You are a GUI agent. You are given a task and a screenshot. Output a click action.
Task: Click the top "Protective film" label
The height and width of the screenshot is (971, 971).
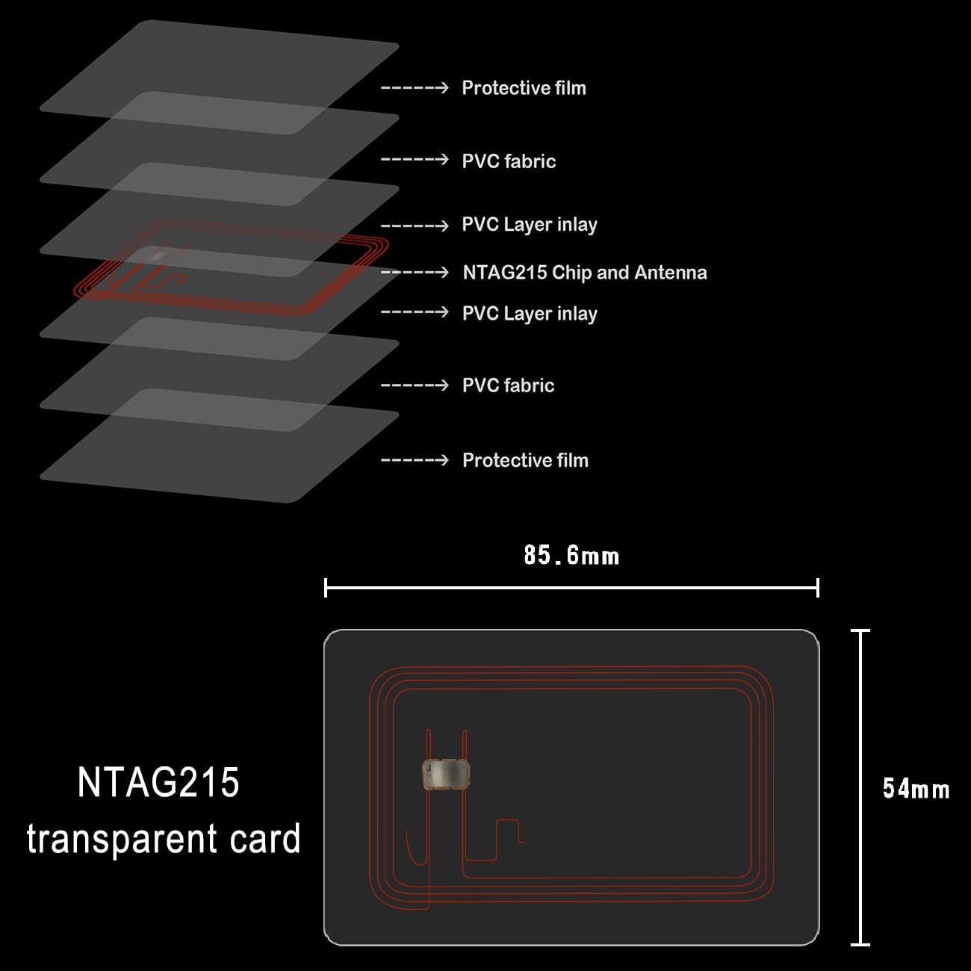coord(524,88)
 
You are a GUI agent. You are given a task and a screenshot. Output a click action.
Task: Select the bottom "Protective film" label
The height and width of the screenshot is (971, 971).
coord(525,460)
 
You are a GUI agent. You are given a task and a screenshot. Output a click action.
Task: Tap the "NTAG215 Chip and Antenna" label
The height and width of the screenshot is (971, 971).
coord(585,273)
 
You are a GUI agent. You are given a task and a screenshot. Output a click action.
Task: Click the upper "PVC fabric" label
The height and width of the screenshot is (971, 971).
coord(509,161)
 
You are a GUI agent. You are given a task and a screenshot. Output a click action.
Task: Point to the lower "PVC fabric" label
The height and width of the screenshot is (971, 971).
coord(509,385)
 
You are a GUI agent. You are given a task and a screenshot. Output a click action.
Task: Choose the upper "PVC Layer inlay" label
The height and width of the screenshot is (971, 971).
coord(530,225)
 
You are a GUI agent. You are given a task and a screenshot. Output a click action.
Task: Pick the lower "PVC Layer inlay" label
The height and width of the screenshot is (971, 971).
coord(530,314)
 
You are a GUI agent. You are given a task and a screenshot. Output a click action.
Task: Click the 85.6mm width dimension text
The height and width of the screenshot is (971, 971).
coord(571,555)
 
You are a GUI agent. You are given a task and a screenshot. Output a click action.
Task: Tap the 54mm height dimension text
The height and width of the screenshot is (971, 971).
coord(916,789)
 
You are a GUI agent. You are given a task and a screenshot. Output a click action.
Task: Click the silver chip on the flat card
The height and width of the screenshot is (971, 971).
coord(446,774)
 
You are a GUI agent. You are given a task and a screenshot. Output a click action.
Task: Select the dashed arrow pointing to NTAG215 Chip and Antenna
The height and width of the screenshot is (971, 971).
coord(415,273)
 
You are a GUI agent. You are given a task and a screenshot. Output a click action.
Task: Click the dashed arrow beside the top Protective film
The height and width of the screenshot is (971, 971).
coord(415,88)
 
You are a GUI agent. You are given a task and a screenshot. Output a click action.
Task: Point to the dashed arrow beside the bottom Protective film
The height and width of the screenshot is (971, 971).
coord(415,460)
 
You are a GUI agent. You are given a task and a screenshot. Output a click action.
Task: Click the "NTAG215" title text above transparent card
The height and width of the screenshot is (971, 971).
coord(158,782)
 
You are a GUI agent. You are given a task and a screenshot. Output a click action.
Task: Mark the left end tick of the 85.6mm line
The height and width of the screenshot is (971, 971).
coord(326,588)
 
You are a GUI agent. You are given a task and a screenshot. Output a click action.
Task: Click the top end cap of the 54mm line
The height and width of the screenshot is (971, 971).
coord(860,630)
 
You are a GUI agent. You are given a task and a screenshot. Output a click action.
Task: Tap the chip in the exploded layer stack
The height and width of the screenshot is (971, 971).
coord(161,255)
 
